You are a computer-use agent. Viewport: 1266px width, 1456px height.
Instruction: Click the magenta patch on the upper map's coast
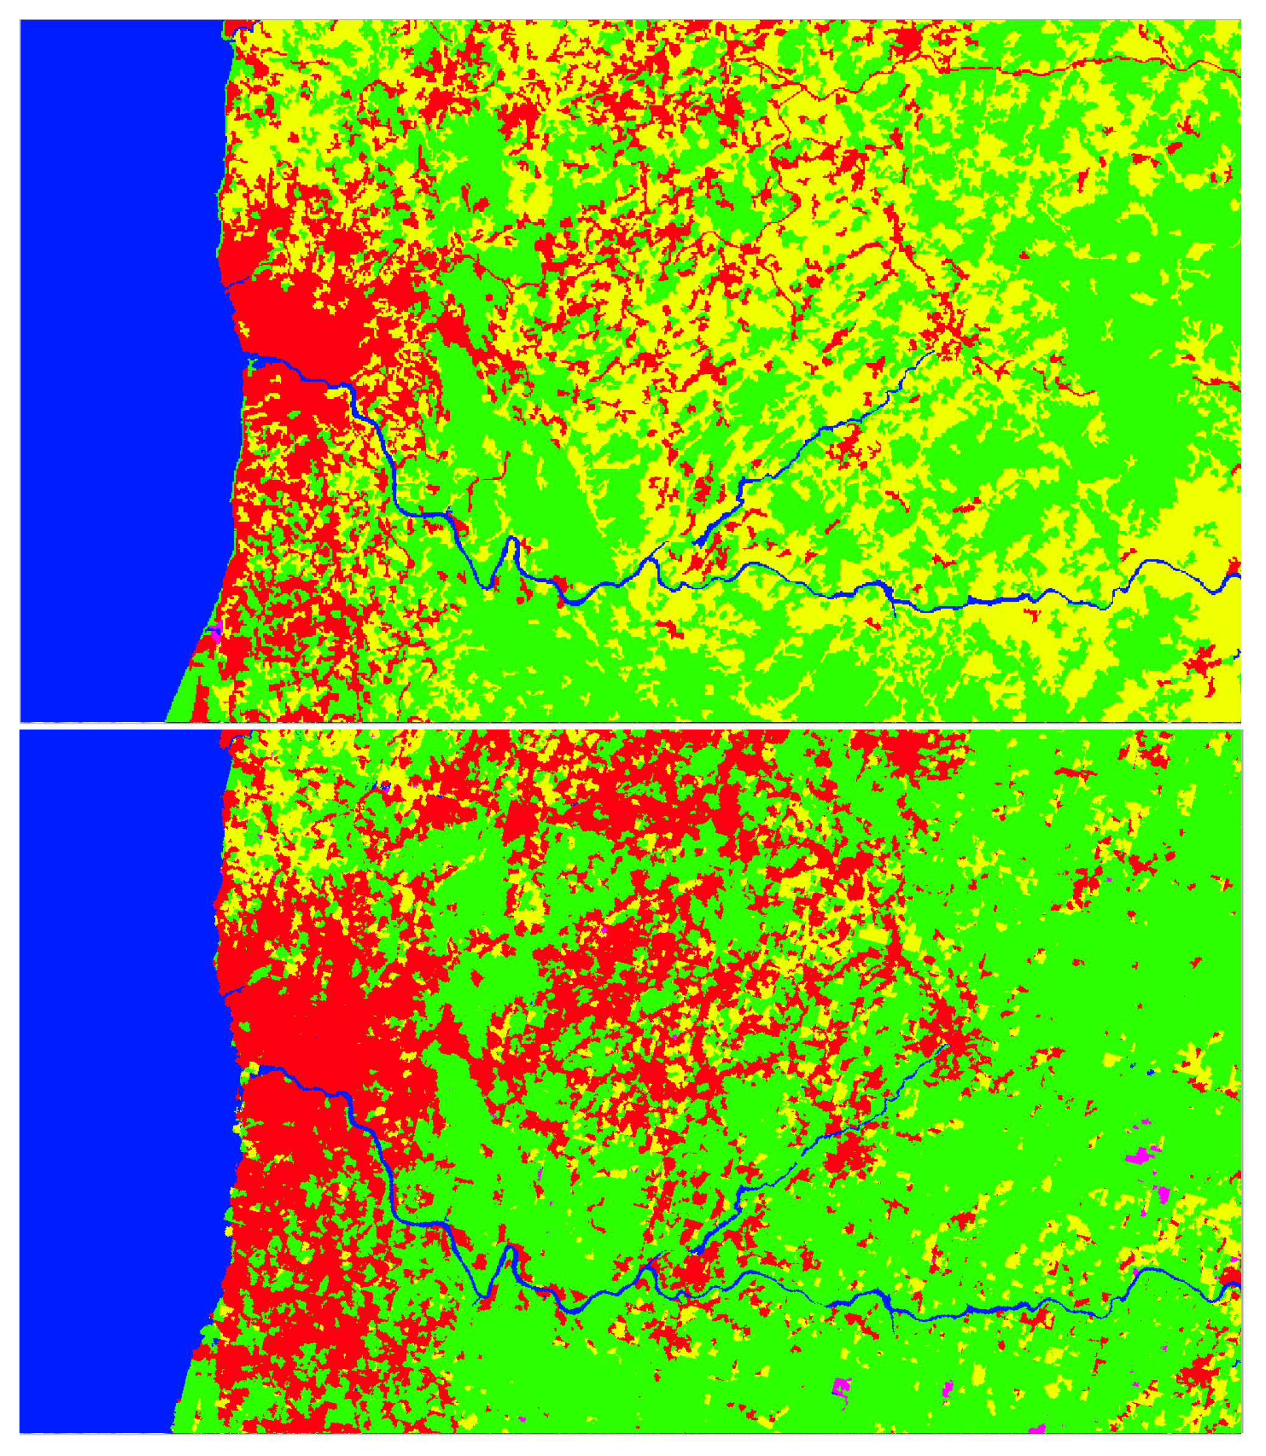pos(217,628)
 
